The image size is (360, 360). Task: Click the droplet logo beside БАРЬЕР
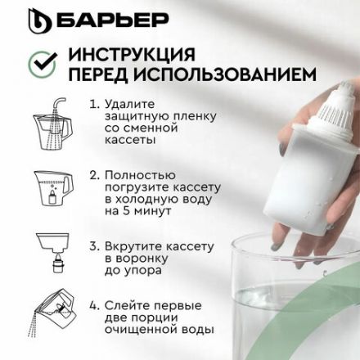[38, 20]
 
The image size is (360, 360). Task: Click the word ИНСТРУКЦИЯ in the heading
[132, 54]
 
